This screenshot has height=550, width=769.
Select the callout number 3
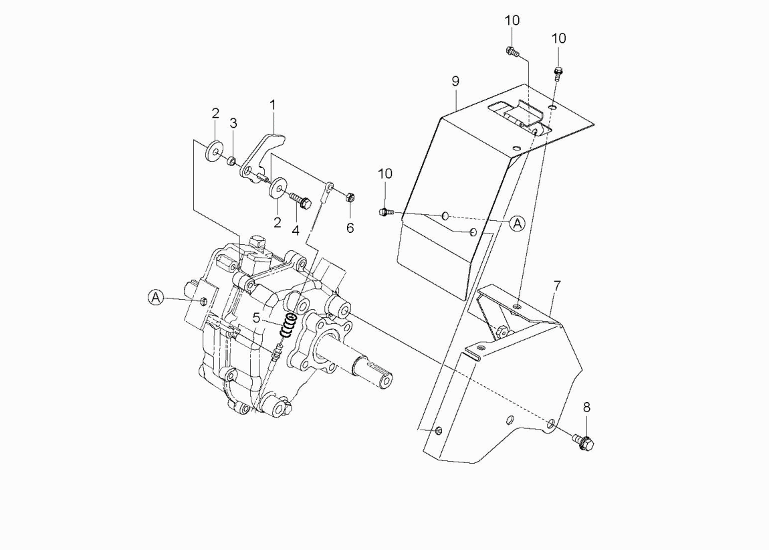[x=233, y=123]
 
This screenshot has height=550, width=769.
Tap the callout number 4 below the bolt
[x=294, y=230]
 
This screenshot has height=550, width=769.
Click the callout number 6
[x=350, y=227]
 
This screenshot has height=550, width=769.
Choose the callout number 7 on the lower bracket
[x=557, y=286]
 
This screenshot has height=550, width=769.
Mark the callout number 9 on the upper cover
[x=455, y=82]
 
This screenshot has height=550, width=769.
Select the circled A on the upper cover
[x=517, y=223]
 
